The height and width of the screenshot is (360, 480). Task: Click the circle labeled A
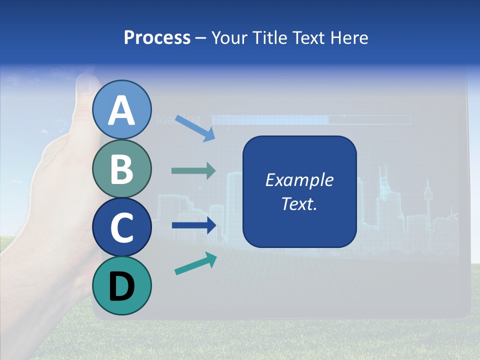tap(122, 110)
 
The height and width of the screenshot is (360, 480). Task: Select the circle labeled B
tap(122, 169)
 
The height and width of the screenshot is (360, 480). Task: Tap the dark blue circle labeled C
tap(122, 227)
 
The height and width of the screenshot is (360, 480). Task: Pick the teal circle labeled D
tap(122, 285)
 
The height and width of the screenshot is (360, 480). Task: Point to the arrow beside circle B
tap(193, 171)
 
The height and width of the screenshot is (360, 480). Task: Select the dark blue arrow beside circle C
tap(193, 225)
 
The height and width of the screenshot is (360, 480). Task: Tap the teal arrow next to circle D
tap(195, 264)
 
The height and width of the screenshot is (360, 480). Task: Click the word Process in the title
tap(157, 38)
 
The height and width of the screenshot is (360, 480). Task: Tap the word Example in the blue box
tap(299, 180)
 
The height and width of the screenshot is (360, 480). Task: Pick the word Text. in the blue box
tap(299, 203)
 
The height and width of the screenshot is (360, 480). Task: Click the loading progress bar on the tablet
tap(310, 119)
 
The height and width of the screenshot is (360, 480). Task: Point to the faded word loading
tap(179, 119)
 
